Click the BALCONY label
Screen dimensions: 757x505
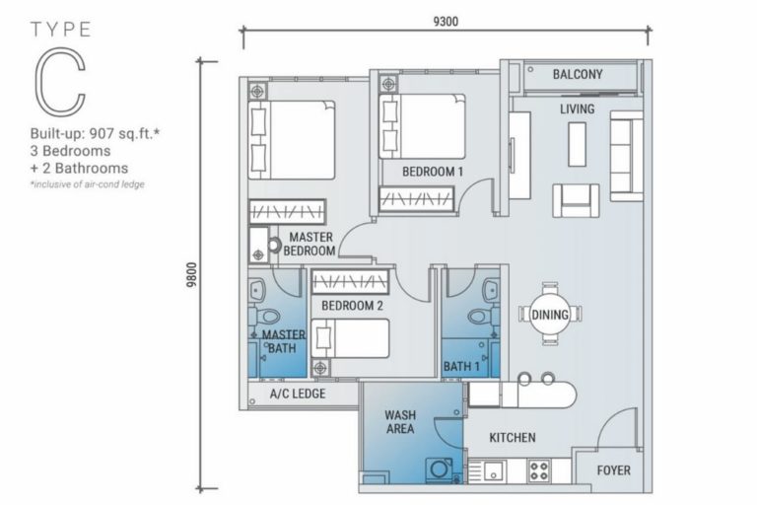click(x=578, y=74)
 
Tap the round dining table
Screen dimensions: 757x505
click(x=550, y=314)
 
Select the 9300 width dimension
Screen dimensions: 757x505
click(x=446, y=22)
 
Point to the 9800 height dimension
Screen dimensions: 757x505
click(x=191, y=274)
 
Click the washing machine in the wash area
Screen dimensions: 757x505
click(x=440, y=470)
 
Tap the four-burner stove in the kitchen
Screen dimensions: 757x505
click(x=539, y=470)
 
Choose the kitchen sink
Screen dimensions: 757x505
click(x=494, y=470)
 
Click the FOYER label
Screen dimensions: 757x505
click(x=613, y=470)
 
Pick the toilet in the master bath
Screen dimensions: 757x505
click(x=264, y=317)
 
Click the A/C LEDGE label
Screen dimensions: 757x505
click(x=298, y=394)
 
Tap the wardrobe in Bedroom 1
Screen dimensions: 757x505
click(x=416, y=198)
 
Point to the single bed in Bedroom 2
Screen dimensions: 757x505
click(x=350, y=338)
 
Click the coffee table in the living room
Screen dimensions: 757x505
click(x=577, y=144)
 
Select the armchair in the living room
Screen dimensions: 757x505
click(x=576, y=200)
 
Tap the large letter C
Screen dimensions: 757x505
click(x=59, y=82)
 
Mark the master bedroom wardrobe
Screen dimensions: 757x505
click(x=287, y=212)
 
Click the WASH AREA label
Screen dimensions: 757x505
click(x=400, y=422)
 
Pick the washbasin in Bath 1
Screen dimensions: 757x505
click(x=491, y=290)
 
